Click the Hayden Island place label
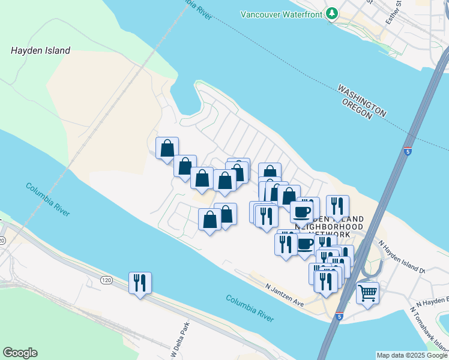tap(40, 51)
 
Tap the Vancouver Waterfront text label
tap(282, 14)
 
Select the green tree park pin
tap(331, 14)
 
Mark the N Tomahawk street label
tap(429, 329)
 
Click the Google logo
tap(20, 353)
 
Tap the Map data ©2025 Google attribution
tap(411, 355)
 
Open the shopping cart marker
tap(367, 293)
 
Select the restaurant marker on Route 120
tap(140, 283)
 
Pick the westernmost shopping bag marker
tap(167, 148)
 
